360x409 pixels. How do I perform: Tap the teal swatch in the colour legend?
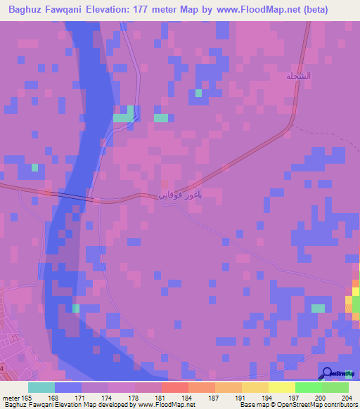tap(41, 387)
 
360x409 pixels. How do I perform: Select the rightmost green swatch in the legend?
tap(335, 387)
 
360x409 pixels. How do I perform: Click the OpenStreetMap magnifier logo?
tap(327, 374)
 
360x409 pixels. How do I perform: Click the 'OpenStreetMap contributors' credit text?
tap(322, 405)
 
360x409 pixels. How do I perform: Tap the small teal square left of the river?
tap(34, 167)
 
